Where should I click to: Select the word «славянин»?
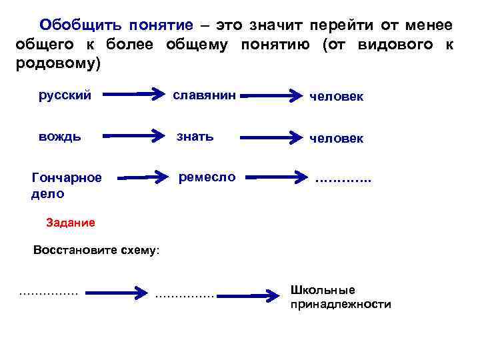pyautogui.click(x=204, y=95)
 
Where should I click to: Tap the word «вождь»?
pyautogui.click(x=60, y=137)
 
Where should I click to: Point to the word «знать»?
pyautogui.click(x=195, y=137)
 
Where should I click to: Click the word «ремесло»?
pyautogui.click(x=207, y=177)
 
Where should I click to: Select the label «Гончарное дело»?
pyautogui.click(x=67, y=185)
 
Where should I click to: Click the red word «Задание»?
pyautogui.click(x=71, y=222)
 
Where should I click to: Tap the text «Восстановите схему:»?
pyautogui.click(x=96, y=251)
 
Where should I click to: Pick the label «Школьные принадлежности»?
pyautogui.click(x=341, y=297)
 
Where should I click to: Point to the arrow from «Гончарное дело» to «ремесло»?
pyautogui.click(x=143, y=177)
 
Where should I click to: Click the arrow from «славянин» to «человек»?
pyautogui.click(x=272, y=96)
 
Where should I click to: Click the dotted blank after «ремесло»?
pyautogui.click(x=343, y=180)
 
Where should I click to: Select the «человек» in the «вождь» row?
pyautogui.click(x=336, y=138)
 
